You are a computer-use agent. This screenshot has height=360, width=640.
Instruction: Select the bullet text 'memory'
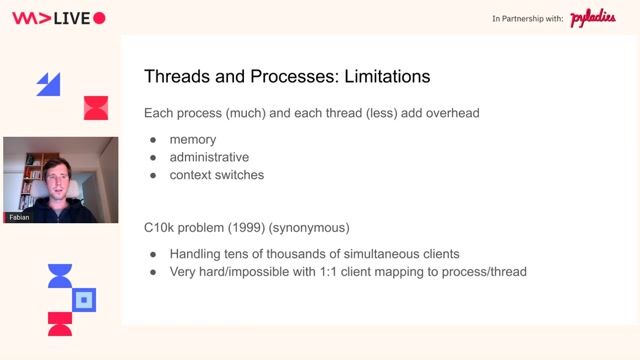click(192, 139)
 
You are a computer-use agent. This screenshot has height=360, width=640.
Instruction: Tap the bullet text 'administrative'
click(209, 157)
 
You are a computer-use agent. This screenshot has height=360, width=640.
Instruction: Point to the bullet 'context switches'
click(216, 175)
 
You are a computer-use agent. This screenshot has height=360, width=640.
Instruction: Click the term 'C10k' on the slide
click(161, 229)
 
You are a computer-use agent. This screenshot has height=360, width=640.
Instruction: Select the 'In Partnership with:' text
click(527, 19)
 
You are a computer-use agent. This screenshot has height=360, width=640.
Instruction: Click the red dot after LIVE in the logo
click(98, 18)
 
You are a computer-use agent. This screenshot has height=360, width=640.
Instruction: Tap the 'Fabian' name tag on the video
click(19, 217)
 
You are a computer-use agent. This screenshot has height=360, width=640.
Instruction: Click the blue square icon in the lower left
click(85, 298)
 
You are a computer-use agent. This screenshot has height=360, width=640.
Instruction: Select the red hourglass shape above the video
click(95, 107)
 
